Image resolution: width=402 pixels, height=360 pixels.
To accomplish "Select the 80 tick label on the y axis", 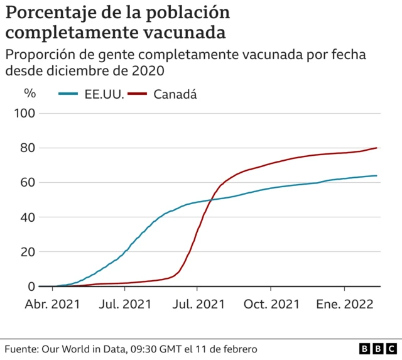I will point(29,148).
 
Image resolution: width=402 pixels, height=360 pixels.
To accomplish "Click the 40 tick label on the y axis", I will point(29,217).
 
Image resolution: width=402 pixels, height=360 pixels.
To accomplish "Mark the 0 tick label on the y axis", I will point(32,286).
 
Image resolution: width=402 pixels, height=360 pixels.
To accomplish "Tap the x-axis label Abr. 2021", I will point(52,305).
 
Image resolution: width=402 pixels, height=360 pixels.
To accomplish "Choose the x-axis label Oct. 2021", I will point(271,305).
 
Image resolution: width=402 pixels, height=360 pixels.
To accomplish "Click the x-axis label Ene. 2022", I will point(344,305).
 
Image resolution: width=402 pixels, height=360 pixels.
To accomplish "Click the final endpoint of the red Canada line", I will point(377,148).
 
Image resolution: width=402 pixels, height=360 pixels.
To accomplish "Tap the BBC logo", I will point(378,348).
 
